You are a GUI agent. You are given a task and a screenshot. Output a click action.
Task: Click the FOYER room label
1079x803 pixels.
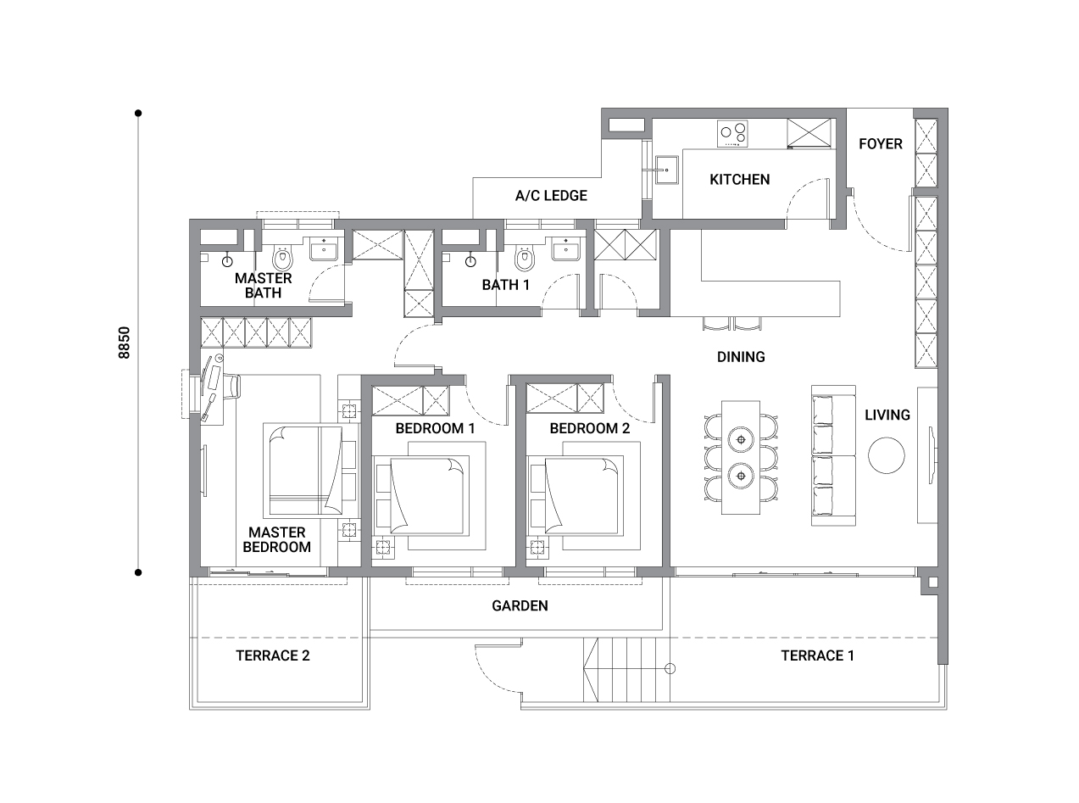click(880, 144)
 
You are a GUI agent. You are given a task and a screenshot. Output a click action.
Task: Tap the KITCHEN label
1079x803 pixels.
click(739, 180)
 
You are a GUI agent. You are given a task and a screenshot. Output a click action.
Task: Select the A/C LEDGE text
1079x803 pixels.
click(551, 196)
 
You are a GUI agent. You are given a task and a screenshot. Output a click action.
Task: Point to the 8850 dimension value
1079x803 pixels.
click(125, 343)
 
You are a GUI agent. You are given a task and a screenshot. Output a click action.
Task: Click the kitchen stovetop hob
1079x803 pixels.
click(732, 133)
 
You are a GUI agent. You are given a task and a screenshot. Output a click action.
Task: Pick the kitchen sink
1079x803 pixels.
click(667, 170)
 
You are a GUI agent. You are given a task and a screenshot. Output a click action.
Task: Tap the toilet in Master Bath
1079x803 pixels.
click(282, 258)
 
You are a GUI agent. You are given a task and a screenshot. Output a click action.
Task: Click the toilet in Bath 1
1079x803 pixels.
click(524, 258)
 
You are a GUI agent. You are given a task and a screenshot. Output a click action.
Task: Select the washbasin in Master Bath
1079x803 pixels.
click(325, 249)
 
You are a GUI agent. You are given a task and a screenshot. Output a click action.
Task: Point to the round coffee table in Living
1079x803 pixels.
click(887, 455)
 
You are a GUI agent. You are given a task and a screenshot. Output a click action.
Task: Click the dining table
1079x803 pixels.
click(741, 458)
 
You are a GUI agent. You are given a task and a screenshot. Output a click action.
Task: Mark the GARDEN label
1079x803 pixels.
click(520, 606)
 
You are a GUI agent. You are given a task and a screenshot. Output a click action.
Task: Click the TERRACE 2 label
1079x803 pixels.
click(272, 655)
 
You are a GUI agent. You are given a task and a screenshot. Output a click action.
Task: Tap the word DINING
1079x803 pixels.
click(741, 357)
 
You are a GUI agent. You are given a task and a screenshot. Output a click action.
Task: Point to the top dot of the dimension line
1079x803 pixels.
click(138, 114)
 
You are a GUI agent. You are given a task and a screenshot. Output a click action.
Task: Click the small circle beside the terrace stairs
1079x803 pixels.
click(670, 669)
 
